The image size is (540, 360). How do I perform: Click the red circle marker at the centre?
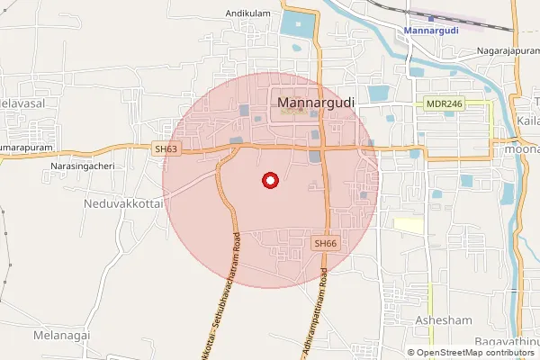[268, 180]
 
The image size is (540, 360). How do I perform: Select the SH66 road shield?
[325, 244]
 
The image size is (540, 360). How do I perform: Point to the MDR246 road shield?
[444, 104]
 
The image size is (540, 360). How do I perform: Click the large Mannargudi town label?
[318, 103]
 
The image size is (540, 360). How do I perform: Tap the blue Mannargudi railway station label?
[432, 31]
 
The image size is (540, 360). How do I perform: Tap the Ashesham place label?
[437, 320]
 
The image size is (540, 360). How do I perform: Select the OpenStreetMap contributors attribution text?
[476, 353]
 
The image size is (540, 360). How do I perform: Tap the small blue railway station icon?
[431, 17]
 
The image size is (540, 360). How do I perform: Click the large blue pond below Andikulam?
[297, 23]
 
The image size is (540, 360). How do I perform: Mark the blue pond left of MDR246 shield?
[377, 93]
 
